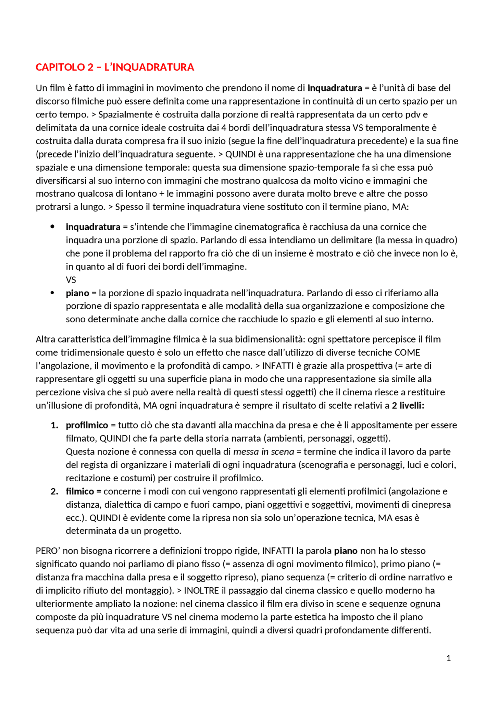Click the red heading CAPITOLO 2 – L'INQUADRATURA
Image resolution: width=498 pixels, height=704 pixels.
(x=115, y=67)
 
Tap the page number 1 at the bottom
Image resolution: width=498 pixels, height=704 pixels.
(x=449, y=658)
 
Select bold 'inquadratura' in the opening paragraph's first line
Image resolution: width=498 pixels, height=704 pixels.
(x=335, y=88)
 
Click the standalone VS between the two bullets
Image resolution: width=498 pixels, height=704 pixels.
(x=71, y=280)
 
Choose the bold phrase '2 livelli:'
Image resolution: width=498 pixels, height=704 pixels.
(x=408, y=405)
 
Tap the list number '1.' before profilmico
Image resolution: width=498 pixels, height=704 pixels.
(x=55, y=425)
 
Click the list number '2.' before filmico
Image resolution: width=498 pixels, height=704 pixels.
(x=55, y=491)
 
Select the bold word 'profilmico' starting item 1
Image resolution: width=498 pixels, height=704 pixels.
(x=87, y=425)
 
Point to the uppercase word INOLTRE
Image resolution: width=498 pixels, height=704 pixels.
(x=202, y=590)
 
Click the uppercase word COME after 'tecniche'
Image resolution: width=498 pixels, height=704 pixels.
(x=407, y=353)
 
